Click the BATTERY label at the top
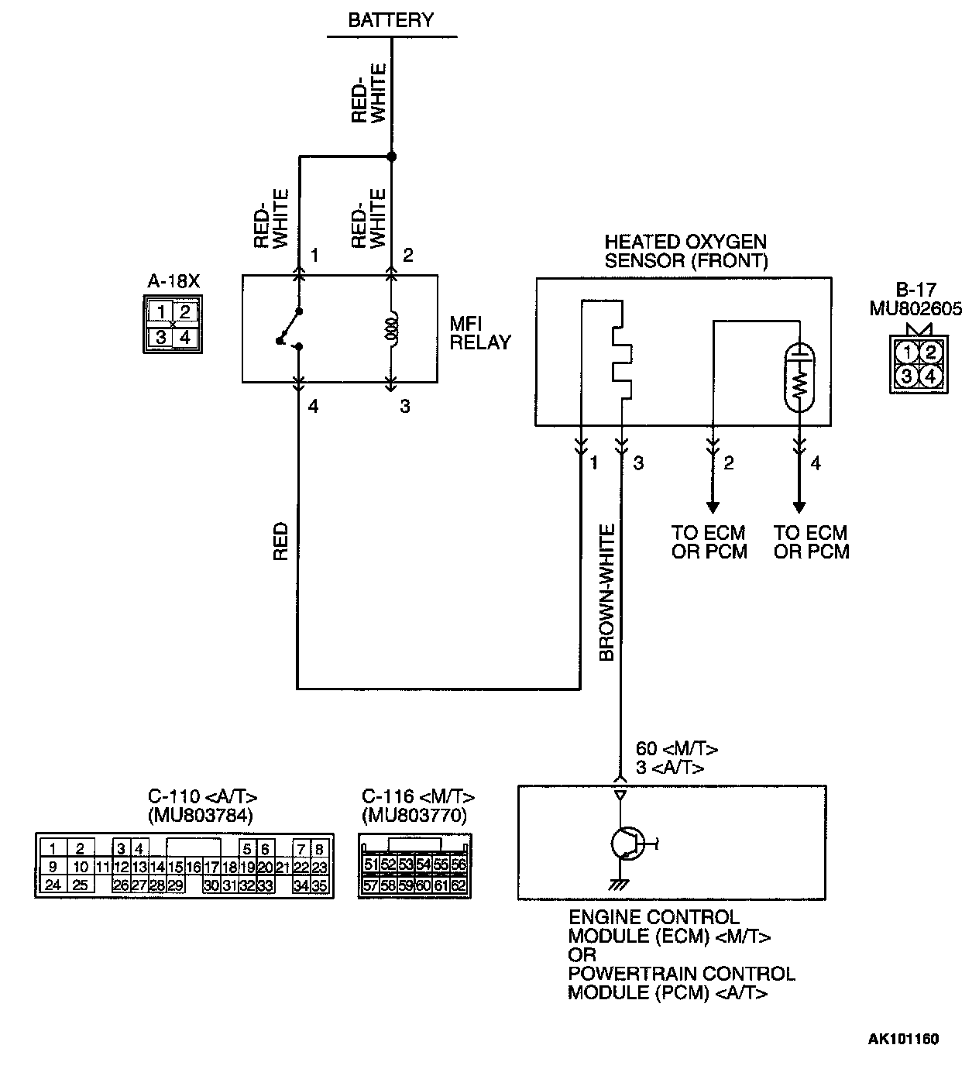[390, 20]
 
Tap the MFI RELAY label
[480, 332]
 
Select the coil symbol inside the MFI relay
[392, 331]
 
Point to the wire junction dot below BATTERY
[391, 156]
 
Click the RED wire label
[280, 541]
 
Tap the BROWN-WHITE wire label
[607, 593]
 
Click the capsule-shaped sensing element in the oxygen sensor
[799, 377]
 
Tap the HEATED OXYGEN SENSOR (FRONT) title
[685, 251]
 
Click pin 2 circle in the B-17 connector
[931, 353]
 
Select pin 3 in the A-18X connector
[161, 338]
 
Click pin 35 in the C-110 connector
[320, 885]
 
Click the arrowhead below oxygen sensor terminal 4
[799, 507]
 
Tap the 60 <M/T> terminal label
[676, 749]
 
